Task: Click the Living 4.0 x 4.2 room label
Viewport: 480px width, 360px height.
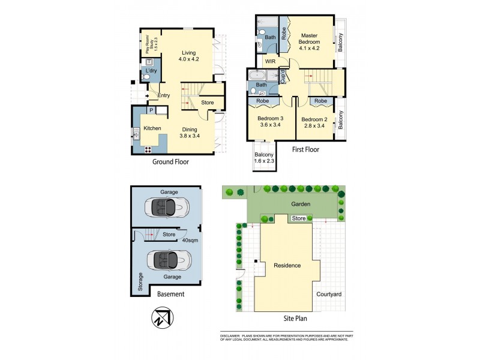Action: pos(190,56)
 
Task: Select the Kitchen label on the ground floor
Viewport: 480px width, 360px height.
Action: pos(152,128)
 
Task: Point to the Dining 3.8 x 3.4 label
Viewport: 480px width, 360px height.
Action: pos(190,132)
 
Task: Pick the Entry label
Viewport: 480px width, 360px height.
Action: pos(164,95)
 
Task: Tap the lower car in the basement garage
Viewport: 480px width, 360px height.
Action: pos(169,260)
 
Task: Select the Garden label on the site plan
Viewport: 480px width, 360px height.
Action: pos(301,204)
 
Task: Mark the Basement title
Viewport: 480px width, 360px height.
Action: pos(170,295)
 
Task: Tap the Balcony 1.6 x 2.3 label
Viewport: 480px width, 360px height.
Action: pos(262,159)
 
